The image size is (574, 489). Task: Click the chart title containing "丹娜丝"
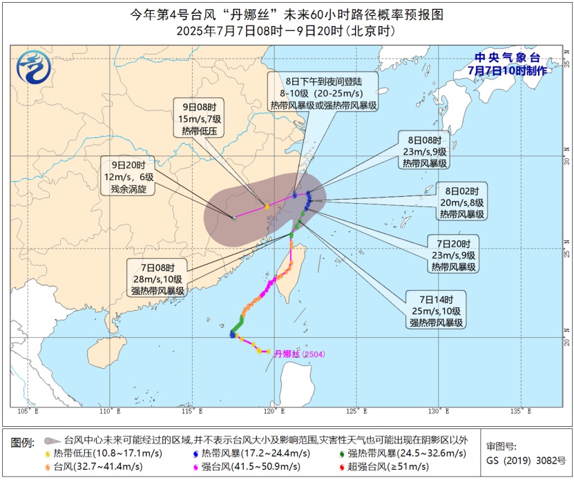287,15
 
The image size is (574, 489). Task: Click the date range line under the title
287,31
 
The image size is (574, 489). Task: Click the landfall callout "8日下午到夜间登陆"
324,93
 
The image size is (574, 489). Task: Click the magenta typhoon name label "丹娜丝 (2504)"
299,354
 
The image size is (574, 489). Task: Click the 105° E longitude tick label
28,412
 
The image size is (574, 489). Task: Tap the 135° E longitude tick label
515,412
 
